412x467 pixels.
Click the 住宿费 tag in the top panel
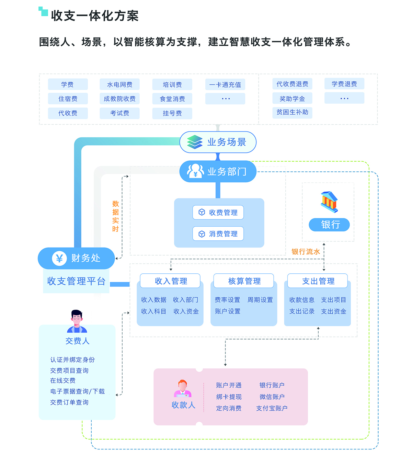(x=68, y=99)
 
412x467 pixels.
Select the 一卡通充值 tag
(x=225, y=84)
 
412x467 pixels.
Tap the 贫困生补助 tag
(x=293, y=112)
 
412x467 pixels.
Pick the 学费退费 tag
(x=344, y=84)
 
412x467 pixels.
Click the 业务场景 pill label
(x=227, y=142)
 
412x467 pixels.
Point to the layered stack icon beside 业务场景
(x=195, y=142)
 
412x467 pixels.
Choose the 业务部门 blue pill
(x=218, y=171)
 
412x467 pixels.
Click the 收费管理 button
(x=218, y=213)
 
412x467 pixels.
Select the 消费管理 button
(x=218, y=234)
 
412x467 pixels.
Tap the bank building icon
(x=329, y=202)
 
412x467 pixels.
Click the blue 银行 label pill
(x=330, y=225)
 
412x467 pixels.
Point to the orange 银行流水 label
(x=306, y=252)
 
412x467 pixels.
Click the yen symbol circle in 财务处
(x=59, y=258)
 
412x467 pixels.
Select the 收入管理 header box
(x=170, y=281)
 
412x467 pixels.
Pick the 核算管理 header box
(x=244, y=281)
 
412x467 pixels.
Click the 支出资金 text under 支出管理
(x=334, y=311)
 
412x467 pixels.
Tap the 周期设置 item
(x=260, y=300)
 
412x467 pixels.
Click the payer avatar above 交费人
(x=77, y=321)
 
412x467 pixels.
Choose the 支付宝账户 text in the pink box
(x=272, y=408)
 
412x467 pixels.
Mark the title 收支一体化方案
(x=95, y=16)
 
